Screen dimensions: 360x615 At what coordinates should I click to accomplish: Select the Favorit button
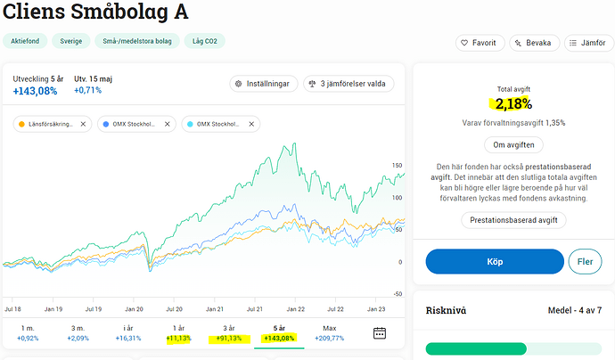click(480, 43)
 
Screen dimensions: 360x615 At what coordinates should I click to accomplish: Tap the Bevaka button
click(533, 43)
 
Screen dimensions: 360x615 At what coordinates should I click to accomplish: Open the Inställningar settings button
click(261, 84)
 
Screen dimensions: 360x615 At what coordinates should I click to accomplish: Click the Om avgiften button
click(512, 145)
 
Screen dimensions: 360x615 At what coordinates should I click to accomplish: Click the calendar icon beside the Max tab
click(380, 333)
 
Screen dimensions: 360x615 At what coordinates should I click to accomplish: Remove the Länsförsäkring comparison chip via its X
click(83, 124)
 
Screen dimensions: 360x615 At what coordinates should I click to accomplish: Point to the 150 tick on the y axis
click(398, 165)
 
